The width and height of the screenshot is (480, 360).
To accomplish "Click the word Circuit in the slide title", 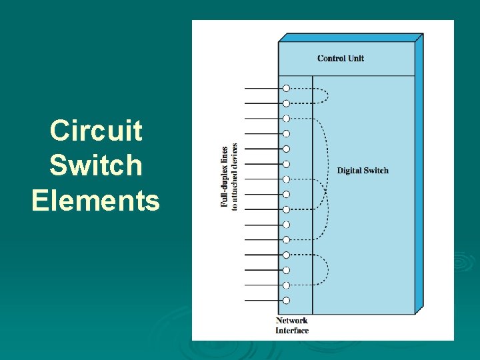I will click(96, 131).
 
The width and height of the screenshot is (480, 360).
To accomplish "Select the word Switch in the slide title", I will click(96, 165).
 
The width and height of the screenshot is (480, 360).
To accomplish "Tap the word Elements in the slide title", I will click(96, 200).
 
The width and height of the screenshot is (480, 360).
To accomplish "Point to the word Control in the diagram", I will click(331, 59).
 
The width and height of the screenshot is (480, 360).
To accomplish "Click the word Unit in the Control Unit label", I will click(355, 59).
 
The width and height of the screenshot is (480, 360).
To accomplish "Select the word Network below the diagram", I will click(292, 321).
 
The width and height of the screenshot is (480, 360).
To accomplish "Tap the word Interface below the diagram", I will click(292, 330).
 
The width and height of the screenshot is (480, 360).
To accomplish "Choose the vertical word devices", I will click(235, 155).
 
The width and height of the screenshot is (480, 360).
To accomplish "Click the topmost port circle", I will click(286, 88).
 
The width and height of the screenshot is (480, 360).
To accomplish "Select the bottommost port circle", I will click(286, 301).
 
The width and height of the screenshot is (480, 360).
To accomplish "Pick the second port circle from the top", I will click(286, 103).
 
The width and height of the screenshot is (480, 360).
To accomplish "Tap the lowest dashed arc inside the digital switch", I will click(329, 269).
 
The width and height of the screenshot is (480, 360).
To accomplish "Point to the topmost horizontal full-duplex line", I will click(263, 88).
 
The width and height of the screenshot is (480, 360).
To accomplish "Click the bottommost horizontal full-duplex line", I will click(263, 301).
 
